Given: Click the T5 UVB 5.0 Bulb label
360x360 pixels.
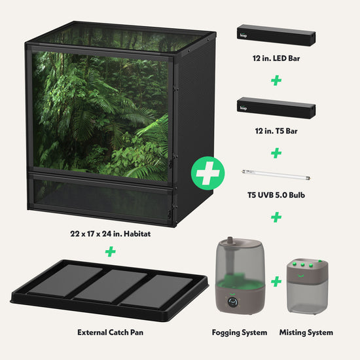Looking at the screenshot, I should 276,194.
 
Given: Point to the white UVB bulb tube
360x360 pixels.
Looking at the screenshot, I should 276,173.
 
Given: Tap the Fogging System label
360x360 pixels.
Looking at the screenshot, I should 239,333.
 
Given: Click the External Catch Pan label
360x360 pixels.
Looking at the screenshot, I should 110,333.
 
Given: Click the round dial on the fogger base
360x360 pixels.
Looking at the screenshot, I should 234,302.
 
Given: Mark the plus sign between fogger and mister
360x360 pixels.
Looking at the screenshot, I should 276,281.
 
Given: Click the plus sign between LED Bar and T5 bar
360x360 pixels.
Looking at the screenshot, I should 276,81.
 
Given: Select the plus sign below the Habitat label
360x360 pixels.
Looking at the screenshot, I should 110,251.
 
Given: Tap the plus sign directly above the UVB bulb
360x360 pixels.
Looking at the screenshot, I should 276,153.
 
